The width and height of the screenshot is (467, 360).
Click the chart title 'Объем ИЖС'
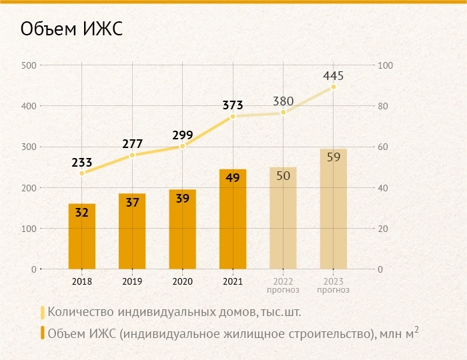(72, 30)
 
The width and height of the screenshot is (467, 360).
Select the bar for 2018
(81, 237)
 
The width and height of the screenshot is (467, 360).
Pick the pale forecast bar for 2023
(333, 210)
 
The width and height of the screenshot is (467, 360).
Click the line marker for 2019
(132, 155)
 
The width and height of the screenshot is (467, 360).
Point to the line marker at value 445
(333, 87)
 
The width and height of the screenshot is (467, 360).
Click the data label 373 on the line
(233, 105)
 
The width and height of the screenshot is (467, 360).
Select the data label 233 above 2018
(81, 161)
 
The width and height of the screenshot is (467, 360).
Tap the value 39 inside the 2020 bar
(182, 199)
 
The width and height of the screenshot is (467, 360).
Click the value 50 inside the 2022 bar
(283, 176)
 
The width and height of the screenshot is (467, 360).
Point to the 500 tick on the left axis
(29, 65)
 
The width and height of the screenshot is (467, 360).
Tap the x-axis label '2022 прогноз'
(283, 285)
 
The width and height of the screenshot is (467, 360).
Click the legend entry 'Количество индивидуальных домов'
(179, 311)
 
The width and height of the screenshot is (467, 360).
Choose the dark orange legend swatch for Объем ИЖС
(43, 333)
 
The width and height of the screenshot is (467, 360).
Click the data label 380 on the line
(283, 101)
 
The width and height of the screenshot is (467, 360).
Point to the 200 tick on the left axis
(29, 188)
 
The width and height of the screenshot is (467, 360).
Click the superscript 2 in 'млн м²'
(416, 329)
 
